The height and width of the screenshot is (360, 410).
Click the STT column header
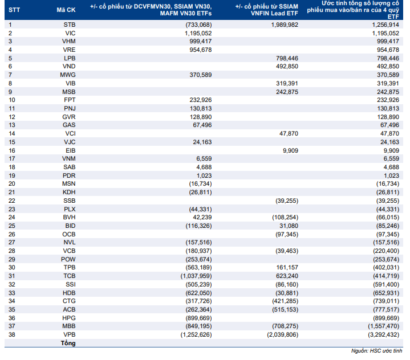14,10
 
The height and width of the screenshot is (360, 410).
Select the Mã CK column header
66,10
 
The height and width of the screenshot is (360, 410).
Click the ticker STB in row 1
70,25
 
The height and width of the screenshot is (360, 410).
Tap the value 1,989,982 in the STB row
285,25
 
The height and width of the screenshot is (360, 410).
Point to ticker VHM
69,41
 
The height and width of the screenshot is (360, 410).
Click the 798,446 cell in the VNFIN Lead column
287,58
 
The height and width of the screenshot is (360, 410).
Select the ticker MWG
68,75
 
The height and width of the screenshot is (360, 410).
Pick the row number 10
12,100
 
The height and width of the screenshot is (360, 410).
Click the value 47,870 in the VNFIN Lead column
289,133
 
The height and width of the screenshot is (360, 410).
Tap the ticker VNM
69,158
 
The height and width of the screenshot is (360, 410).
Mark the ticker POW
68,259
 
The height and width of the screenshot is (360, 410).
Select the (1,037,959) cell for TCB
196,276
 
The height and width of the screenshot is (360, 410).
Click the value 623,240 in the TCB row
287,276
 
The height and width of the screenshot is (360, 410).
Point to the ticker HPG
69,318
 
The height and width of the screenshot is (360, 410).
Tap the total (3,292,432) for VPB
384,335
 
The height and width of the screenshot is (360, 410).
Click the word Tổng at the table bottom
68,343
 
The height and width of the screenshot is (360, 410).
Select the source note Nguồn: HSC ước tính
376,351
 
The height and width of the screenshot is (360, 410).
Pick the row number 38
12,335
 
